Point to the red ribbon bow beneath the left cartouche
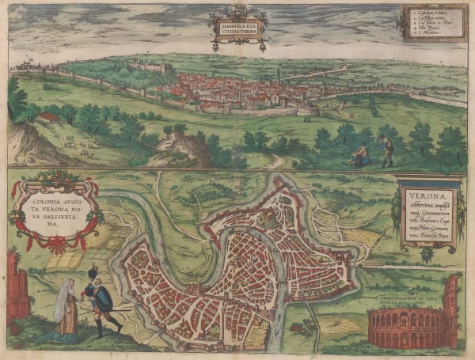[x=55, y=243]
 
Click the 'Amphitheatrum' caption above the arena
[x=404, y=299]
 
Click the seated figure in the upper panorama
[x=360, y=154]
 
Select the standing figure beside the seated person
[x=386, y=150]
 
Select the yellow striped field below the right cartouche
[x=360, y=237]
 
